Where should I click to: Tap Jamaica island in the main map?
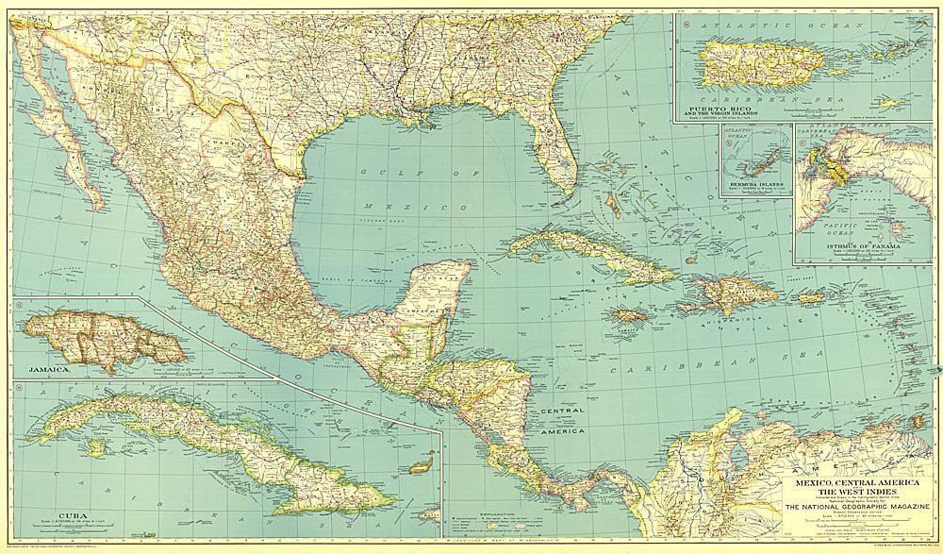628,315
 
